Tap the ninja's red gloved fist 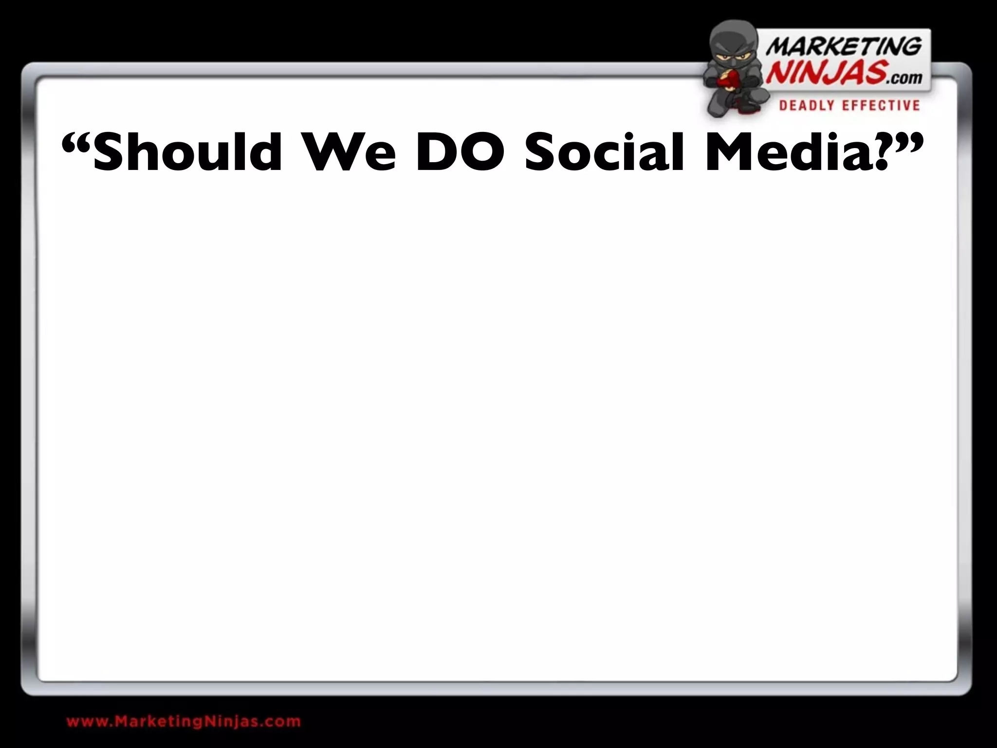tap(730, 80)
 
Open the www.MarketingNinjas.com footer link tap(184, 721)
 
